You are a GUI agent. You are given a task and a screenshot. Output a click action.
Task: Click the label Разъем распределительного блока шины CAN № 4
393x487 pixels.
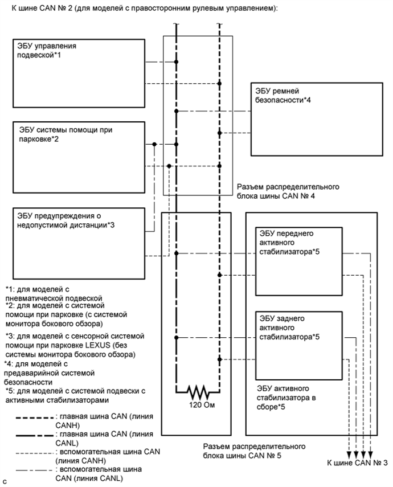coord(287,190)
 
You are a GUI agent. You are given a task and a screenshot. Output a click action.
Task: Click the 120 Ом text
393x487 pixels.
coord(197,407)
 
